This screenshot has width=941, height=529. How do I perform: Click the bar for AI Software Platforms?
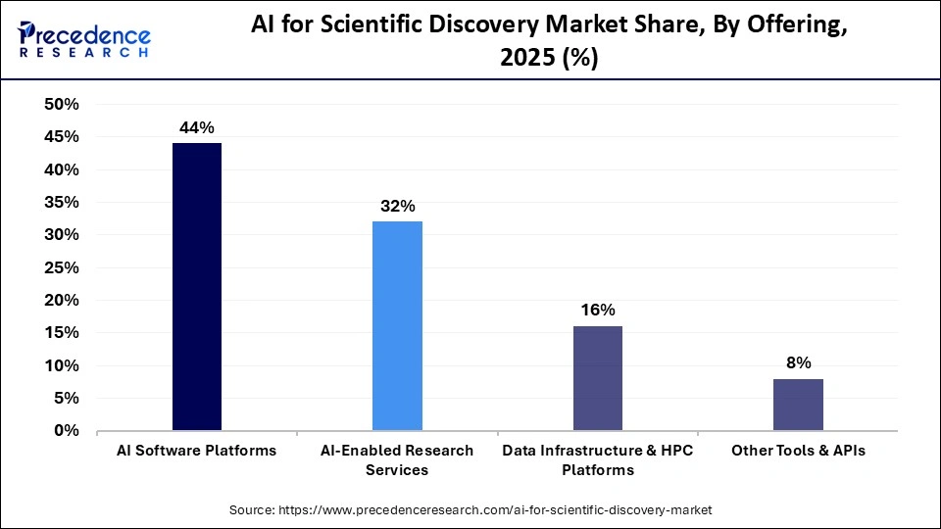click(196, 287)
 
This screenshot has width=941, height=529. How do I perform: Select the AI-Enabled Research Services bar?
click(397, 326)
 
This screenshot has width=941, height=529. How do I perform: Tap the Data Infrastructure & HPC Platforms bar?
click(597, 378)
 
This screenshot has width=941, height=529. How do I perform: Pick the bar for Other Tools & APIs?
click(798, 405)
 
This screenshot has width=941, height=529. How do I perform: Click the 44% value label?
click(196, 127)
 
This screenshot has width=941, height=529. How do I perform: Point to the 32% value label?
click(397, 206)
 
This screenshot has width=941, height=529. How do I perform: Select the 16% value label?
click(597, 310)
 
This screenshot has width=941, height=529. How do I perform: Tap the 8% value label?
click(798, 362)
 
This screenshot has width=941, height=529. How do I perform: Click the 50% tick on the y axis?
click(63, 105)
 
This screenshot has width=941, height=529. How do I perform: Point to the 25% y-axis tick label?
click(63, 267)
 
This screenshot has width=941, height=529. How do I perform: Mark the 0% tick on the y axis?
click(68, 430)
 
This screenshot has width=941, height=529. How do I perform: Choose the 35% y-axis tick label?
click(63, 203)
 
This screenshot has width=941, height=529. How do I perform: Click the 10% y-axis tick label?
click(63, 365)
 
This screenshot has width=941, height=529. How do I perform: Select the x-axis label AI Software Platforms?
click(196, 451)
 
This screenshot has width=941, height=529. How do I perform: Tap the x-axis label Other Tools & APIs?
click(798, 451)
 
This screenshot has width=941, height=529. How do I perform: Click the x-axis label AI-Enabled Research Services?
click(397, 459)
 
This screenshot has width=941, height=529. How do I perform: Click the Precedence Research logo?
click(84, 39)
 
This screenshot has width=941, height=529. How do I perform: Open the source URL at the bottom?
click(470, 509)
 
